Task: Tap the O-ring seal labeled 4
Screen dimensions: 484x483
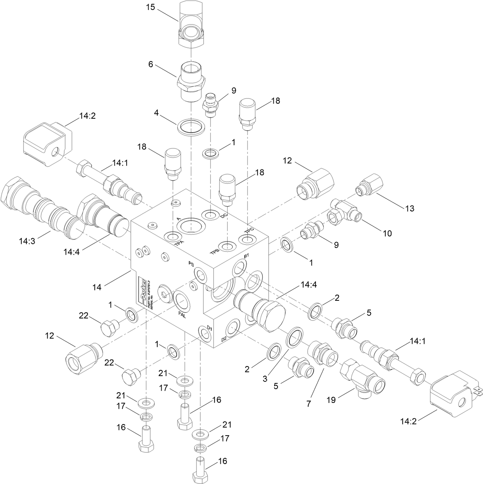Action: pos(191,127)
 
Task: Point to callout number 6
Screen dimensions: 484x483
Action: pos(151,64)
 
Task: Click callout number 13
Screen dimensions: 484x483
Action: pos(410,208)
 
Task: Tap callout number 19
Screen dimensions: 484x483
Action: pos(331,400)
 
